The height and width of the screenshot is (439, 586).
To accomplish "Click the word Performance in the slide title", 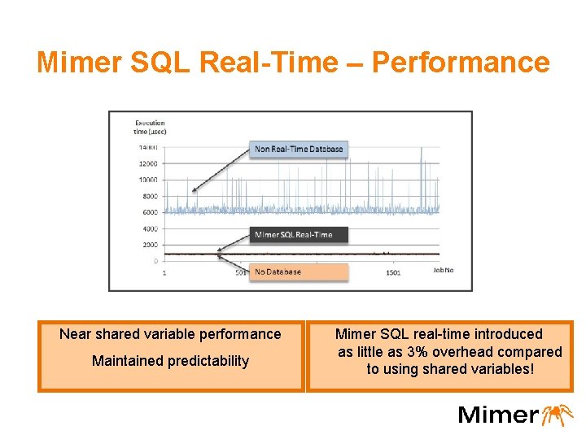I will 461,62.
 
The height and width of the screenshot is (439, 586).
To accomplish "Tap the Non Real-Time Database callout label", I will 299,149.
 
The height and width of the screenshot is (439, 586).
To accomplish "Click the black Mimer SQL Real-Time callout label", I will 293,234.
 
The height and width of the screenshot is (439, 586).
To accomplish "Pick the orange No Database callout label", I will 278,272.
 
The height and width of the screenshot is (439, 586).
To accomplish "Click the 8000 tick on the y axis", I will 149,196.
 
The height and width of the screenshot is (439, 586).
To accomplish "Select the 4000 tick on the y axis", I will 149,228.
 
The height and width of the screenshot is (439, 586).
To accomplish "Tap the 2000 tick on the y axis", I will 149,245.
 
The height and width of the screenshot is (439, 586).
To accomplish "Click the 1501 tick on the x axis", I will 392,272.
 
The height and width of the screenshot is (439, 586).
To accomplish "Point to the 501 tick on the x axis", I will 241,272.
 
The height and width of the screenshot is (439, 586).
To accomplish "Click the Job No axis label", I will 443,270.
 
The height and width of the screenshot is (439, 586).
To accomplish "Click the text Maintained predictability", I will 170,361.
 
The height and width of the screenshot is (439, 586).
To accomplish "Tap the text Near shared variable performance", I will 170,334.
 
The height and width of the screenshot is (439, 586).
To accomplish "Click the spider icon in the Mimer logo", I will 559,414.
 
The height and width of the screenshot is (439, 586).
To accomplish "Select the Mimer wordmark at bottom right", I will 498,415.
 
